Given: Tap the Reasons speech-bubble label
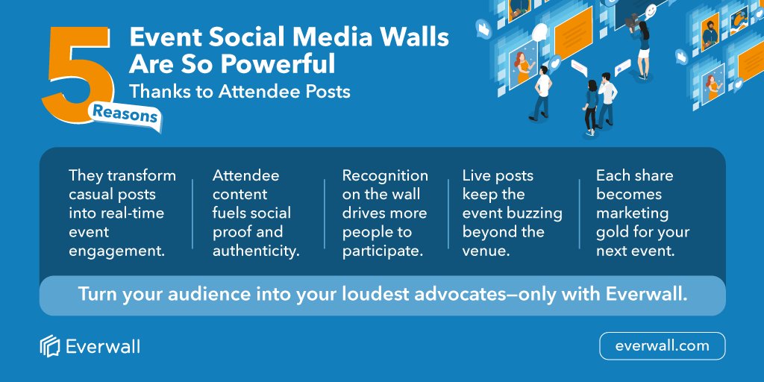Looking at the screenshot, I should (x=125, y=116).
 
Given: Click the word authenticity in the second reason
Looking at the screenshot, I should (x=256, y=251).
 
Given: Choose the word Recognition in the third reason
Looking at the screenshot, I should (x=385, y=176).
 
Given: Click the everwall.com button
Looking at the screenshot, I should (x=662, y=346).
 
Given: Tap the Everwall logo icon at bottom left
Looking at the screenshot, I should (x=49, y=346).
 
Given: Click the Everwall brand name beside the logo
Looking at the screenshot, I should (x=102, y=347).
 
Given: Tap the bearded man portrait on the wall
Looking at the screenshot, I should (x=709, y=34).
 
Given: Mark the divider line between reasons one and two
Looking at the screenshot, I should (x=192, y=213).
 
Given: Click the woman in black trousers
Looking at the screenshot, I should (x=591, y=104).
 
